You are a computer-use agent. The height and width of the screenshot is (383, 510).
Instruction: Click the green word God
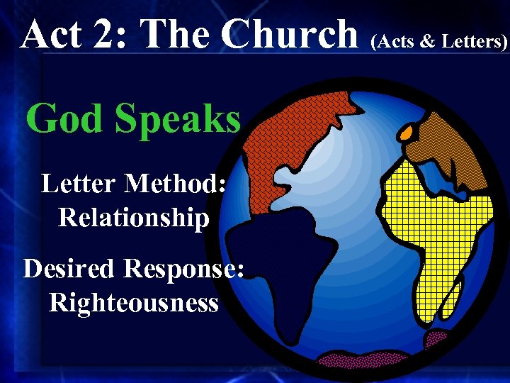tap(64, 118)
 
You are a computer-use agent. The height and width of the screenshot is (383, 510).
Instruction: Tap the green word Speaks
tap(178, 120)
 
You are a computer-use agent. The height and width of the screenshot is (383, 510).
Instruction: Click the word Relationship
tap(134, 217)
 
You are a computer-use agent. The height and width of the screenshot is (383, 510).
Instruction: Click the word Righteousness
tap(134, 303)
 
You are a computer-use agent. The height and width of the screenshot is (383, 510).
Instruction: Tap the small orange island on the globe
tap(407, 132)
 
